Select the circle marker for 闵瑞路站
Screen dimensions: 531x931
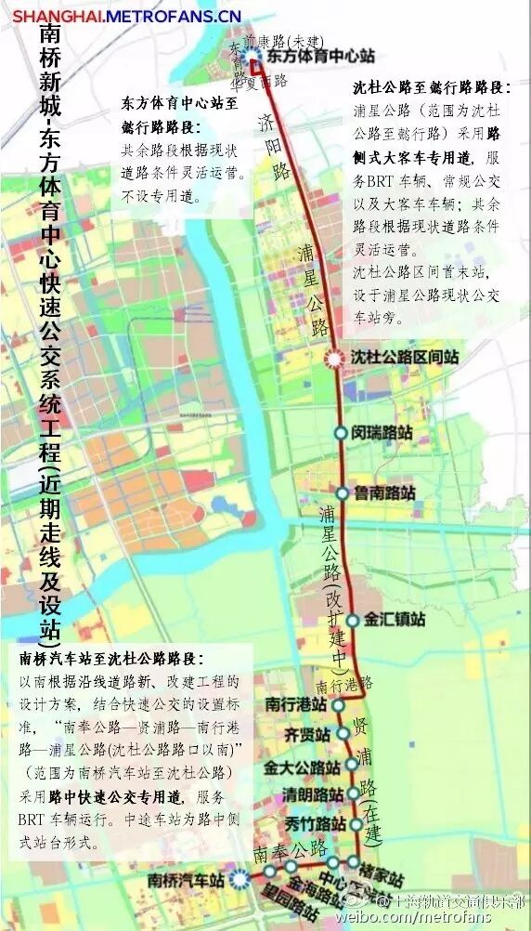click(341, 432)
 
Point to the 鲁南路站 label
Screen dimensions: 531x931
click(384, 493)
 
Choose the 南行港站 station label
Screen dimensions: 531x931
click(296, 704)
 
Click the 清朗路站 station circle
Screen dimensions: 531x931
click(354, 794)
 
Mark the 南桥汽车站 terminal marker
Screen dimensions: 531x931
click(240, 876)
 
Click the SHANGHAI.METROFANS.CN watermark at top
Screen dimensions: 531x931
click(126, 16)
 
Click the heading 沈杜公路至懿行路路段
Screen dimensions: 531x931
click(432, 89)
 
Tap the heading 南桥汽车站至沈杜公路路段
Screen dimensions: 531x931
click(110, 660)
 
